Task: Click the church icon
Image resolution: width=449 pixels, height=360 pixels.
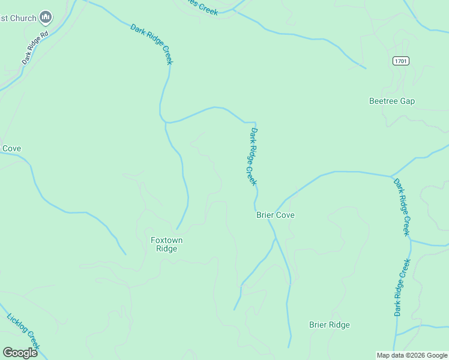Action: click(46, 17)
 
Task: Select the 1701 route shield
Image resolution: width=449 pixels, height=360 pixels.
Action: click(401, 61)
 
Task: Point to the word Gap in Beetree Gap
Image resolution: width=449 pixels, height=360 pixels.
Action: click(408, 101)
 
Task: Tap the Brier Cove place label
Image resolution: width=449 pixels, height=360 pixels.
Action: click(276, 215)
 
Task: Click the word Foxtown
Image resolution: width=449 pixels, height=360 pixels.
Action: click(166, 241)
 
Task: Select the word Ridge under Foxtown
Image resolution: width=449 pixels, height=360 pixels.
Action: click(166, 249)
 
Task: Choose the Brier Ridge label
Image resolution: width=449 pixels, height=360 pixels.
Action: click(329, 325)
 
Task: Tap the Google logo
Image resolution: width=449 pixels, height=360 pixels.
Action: click(20, 352)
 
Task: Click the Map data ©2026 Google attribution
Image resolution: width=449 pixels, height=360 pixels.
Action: click(412, 355)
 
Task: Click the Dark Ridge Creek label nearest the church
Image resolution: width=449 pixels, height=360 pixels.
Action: click(152, 44)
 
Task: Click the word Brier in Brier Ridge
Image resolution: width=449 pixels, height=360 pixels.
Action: click(318, 325)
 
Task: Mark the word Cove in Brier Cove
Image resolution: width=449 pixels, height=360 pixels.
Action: click(285, 215)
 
